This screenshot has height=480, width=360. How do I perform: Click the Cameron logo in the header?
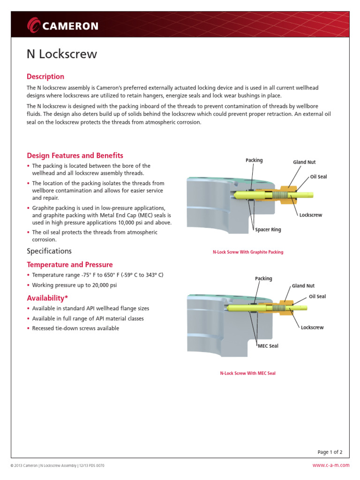tap(62, 25)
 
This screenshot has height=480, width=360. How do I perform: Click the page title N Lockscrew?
tap(61, 54)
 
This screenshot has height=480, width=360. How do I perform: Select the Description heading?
tap(45, 76)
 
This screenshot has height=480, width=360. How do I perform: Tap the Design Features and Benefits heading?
tap(75, 156)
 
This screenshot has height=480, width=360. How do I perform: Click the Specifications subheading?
tap(49, 251)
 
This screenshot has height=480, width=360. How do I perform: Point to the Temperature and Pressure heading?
tap(70, 265)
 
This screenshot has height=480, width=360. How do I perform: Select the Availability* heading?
tap(48, 298)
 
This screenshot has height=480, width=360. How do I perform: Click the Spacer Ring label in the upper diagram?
tap(268, 230)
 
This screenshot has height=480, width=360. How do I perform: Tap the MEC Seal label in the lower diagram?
tap(268, 346)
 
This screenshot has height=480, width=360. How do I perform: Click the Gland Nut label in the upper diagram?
tap(304, 162)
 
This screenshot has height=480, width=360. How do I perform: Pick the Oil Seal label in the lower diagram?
tap(317, 296)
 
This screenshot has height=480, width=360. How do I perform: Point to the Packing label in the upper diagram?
tap(254, 160)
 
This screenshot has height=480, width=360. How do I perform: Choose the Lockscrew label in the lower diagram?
tap(312, 327)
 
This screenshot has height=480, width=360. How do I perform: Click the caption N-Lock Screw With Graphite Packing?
tap(248, 252)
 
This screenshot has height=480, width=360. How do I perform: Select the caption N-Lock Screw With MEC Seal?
tap(248, 374)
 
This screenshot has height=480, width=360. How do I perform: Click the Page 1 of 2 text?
tap(330, 452)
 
